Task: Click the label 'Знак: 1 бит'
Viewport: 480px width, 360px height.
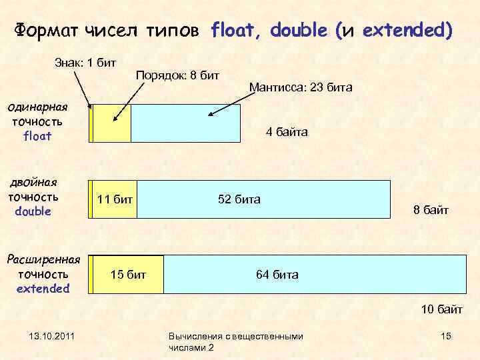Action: pyautogui.click(x=85, y=62)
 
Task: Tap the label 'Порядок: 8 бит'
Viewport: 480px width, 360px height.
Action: pyautogui.click(x=177, y=75)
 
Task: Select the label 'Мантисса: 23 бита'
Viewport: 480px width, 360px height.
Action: pyautogui.click(x=300, y=87)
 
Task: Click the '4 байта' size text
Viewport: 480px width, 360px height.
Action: pyautogui.click(x=287, y=133)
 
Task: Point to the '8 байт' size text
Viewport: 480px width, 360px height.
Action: pyautogui.click(x=431, y=211)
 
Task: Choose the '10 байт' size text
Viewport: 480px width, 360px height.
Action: pyautogui.click(x=441, y=309)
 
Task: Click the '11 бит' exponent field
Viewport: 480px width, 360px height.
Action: pyautogui.click(x=115, y=199)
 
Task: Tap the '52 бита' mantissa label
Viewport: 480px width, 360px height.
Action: pyautogui.click(x=239, y=199)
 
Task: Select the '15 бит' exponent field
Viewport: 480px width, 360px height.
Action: pyautogui.click(x=128, y=275)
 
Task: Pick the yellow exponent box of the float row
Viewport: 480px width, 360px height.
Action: pyautogui.click(x=112, y=123)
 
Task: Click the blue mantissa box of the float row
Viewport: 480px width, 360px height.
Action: pyautogui.click(x=185, y=123)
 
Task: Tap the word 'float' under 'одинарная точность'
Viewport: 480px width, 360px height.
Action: pyautogui.click(x=37, y=136)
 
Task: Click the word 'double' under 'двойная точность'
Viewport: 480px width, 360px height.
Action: pyautogui.click(x=33, y=211)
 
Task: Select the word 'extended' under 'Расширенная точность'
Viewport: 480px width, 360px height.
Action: pyautogui.click(x=43, y=288)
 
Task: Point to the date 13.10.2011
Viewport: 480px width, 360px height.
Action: pyautogui.click(x=51, y=336)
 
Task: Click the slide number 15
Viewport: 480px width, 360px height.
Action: pyautogui.click(x=446, y=336)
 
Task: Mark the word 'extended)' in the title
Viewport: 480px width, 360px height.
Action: pyautogui.click(x=407, y=31)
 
